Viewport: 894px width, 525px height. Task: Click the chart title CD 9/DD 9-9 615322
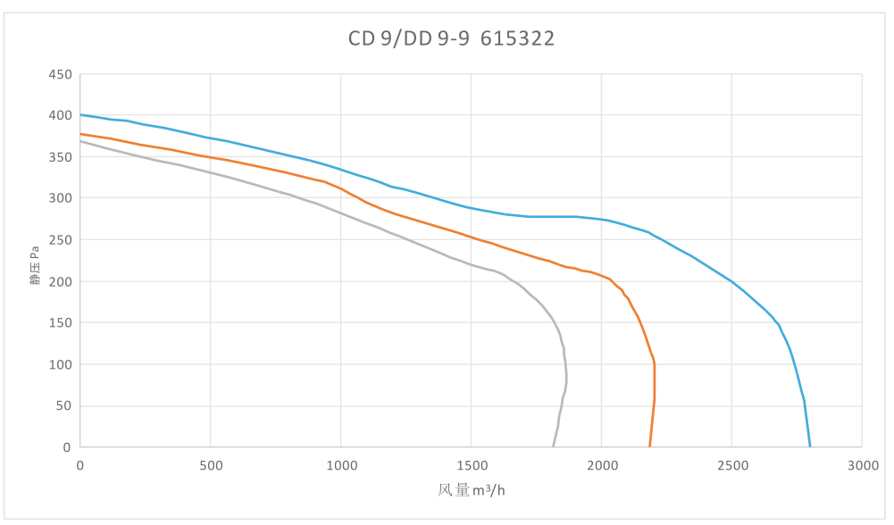click(451, 38)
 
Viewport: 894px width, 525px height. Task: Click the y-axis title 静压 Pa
click(35, 265)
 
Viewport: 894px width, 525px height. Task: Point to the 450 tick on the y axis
click(60, 74)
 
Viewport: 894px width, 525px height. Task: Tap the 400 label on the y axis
click(60, 115)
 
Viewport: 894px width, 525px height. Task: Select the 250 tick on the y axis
click(60, 240)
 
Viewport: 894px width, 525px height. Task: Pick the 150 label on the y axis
click(60, 323)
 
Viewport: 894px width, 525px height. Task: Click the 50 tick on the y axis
click(63, 406)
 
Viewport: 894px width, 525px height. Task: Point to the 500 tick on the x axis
click(210, 465)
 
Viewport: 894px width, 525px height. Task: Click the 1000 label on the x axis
click(340, 465)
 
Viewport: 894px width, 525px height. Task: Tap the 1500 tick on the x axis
click(471, 465)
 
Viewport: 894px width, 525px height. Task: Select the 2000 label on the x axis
click(601, 465)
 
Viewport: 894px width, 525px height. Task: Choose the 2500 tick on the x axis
click(731, 465)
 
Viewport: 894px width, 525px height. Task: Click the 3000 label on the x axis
click(862, 465)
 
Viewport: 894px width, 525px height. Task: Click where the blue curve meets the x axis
click(810, 446)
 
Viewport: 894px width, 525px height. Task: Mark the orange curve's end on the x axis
click(649, 446)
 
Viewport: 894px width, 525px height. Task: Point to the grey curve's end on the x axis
click(553, 446)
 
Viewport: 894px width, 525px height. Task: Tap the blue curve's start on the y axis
click(80, 114)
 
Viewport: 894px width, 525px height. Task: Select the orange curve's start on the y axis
click(80, 134)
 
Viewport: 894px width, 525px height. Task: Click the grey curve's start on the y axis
click(80, 141)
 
